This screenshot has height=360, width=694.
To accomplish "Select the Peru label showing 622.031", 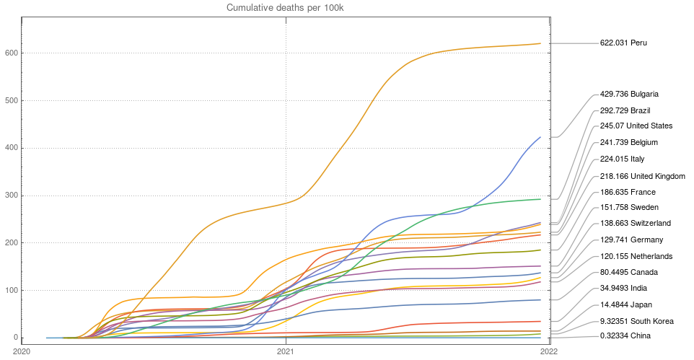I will coord(623,43).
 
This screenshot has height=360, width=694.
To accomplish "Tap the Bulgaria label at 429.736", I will coord(629,95).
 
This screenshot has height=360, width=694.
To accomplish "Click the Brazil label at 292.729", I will coord(625,110).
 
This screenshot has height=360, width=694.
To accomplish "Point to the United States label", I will coord(636,126).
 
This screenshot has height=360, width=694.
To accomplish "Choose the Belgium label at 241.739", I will coord(628,143).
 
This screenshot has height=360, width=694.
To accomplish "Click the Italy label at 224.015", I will coord(622,159).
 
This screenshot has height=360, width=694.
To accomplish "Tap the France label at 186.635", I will coord(628,193).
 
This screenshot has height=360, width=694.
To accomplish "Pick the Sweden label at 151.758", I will coord(629,208).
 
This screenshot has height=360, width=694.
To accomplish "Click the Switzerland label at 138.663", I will coord(635,224).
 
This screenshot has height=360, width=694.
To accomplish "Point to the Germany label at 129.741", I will coord(631,240).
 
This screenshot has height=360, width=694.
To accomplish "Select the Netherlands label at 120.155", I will coord(636,256).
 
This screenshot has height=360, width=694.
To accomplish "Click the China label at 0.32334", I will coord(625,336).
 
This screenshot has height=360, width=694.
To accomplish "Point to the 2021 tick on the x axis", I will coord(286,351).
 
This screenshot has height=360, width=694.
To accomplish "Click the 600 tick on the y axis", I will coord(11,53).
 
